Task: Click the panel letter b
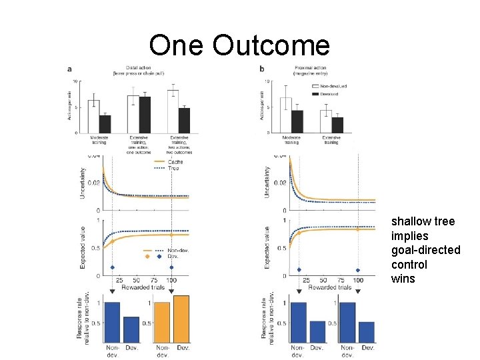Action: (262, 69)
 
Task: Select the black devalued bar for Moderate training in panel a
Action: (105, 123)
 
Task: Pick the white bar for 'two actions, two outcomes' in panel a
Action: (173, 111)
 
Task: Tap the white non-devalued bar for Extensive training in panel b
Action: (327, 121)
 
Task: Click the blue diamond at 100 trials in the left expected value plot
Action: (172, 267)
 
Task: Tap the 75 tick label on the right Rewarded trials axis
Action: (341, 280)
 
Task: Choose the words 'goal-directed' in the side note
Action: (425, 250)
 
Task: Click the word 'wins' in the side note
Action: (403, 279)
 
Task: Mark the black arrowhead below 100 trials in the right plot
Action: (358, 291)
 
